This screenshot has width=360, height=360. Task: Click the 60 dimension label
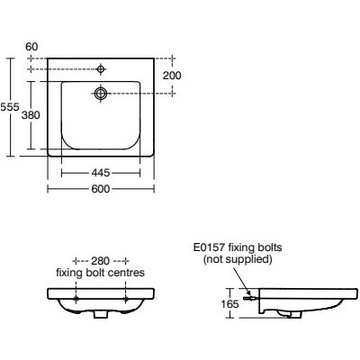point(31,47)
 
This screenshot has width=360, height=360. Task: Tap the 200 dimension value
point(172,76)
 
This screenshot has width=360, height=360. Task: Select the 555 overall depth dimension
point(10,107)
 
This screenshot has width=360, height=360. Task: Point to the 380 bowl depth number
point(31,115)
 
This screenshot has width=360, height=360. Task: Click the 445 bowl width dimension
point(101,173)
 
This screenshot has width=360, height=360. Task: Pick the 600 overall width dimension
point(101,189)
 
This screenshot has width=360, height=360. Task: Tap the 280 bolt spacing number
point(101,261)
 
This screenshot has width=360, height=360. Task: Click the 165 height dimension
point(229,304)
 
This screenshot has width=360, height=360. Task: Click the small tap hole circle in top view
point(101,69)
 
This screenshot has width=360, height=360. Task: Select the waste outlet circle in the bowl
point(101,93)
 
